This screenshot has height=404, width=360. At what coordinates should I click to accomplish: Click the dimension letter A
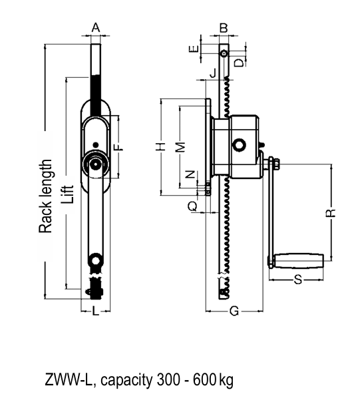96,27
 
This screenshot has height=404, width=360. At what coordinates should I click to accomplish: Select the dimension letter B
224,28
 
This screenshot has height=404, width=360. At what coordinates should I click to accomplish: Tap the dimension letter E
193,48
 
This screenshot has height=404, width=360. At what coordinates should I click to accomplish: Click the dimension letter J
212,73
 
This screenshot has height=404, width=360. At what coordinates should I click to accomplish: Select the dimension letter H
160,146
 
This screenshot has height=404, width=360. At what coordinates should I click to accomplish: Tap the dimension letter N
191,175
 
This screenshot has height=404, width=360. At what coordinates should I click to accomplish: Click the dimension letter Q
192,207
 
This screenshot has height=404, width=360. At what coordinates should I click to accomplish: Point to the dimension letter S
298,280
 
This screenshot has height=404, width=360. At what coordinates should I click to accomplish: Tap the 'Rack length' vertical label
45,196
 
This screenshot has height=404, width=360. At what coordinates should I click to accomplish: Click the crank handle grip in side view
302,260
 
